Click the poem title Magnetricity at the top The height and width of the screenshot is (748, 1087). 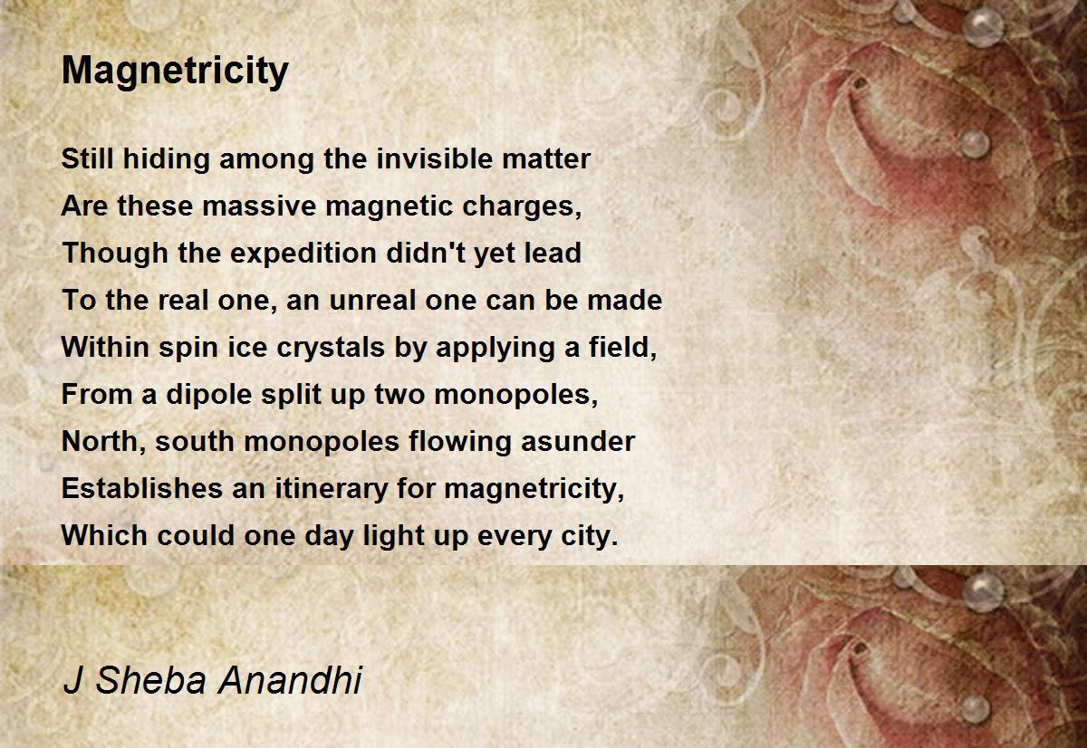[x=175, y=72]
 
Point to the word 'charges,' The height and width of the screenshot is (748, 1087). [x=522, y=206]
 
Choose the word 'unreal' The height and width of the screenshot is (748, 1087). [x=372, y=300]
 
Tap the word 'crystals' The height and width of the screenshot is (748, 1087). [x=331, y=349]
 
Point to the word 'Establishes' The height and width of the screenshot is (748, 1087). [x=142, y=488]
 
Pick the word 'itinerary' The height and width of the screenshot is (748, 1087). [x=332, y=489]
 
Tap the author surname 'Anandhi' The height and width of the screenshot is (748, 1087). [x=290, y=679]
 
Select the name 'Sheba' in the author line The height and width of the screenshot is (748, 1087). [x=151, y=679]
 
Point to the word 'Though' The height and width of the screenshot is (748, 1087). [x=114, y=254]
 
